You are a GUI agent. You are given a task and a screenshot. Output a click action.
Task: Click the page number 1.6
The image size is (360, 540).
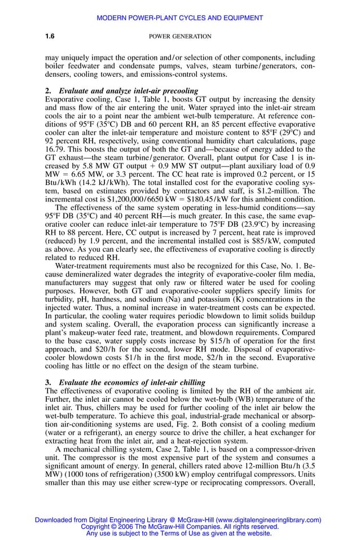49,37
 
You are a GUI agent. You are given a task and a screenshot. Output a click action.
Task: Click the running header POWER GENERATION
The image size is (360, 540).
179,37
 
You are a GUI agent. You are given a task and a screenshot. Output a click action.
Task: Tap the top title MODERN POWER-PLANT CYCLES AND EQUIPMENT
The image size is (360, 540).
179,18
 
